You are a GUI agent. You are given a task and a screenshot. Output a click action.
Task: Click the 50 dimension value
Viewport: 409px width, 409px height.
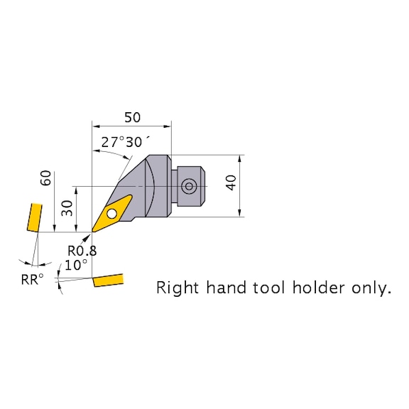coord(132,118)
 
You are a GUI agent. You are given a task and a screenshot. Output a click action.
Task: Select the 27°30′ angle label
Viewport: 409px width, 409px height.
coord(126,142)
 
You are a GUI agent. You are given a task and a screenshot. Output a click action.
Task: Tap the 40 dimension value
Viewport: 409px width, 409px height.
coord(231,182)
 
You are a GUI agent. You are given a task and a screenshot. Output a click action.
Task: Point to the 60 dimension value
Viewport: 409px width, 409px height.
coord(45,178)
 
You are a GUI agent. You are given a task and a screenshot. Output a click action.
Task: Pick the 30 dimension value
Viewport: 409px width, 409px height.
coord(67,208)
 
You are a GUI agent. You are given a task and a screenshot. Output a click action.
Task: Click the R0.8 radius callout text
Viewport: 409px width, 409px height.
coord(82,251)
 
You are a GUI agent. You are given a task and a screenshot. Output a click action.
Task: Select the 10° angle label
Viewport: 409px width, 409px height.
coord(76,266)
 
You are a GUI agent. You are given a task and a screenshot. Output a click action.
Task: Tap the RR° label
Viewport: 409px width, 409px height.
coord(33,279)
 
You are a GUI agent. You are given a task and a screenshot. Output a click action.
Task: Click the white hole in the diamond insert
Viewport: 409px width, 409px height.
coord(112,214)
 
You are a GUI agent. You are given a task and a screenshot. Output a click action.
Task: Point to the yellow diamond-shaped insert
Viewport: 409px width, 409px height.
coord(112,213)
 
